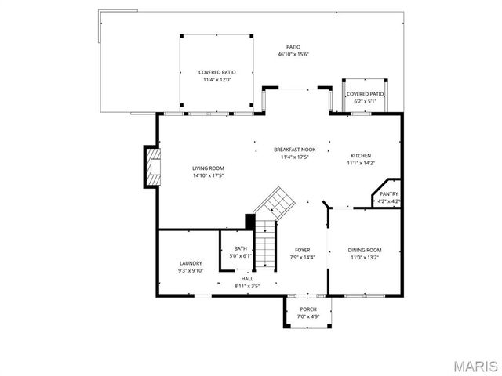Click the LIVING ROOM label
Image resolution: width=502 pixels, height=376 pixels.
pos(209,168)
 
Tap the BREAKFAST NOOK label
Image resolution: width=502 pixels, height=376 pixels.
pos(295,149)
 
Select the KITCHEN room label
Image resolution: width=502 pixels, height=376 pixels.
pos(361,156)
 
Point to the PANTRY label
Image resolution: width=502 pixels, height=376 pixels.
pos(389,194)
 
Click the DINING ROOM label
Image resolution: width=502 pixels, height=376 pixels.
pos(364,250)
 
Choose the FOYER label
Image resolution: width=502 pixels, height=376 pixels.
pos(302,250)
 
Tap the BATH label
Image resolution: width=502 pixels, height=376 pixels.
pos(240,249)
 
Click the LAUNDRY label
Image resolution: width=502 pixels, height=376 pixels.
pos(191,263)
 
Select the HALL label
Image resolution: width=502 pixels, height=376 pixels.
pos(247,279)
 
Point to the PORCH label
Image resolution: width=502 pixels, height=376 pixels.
pos(308,309)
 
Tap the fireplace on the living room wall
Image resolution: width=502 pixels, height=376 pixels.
pos(150,167)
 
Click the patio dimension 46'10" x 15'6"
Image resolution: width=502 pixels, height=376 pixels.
pos(293,55)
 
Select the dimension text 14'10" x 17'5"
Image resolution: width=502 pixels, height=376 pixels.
pos(209,175)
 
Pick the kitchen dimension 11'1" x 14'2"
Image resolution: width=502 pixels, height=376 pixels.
pos(361,163)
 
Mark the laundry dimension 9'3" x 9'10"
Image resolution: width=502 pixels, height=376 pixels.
pos(191,270)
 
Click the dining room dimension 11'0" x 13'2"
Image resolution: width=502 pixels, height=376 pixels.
pos(364,257)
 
